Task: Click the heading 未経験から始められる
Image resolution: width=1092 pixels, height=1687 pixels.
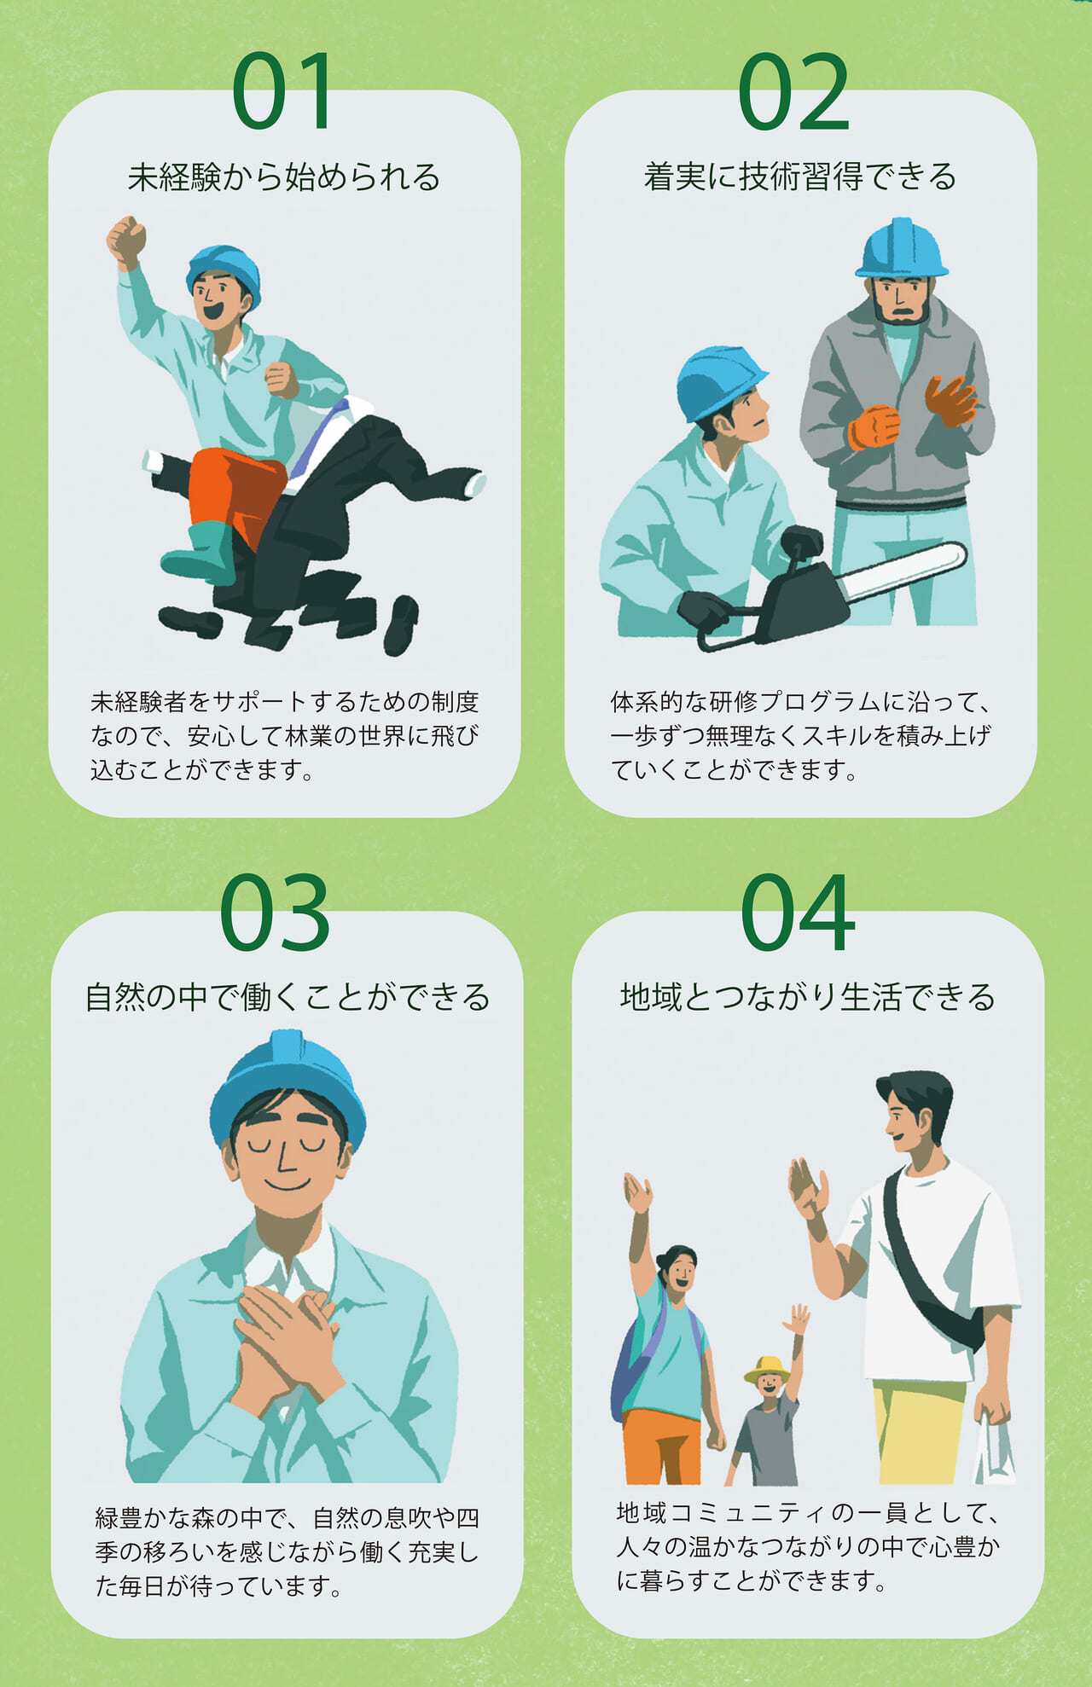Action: coord(284,177)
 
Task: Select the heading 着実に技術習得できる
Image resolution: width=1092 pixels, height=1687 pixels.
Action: coord(800,177)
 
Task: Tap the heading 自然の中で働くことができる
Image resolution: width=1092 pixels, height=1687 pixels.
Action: coord(288,997)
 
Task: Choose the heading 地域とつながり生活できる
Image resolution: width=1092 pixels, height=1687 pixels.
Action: coord(808,997)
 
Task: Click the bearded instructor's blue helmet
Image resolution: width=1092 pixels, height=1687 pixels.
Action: coord(901,248)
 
